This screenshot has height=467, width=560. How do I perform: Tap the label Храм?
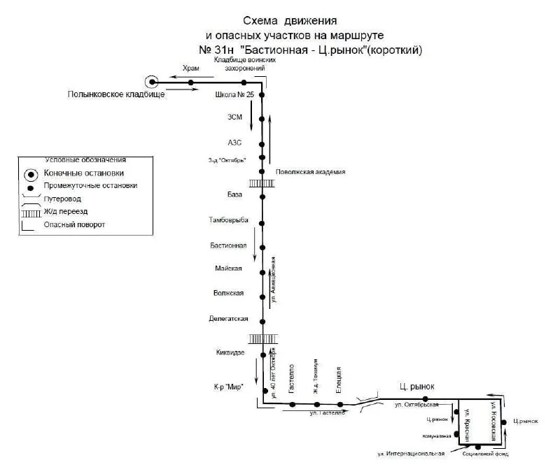pyautogui.click(x=190, y=69)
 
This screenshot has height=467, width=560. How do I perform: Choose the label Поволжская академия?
pyautogui.click(x=310, y=172)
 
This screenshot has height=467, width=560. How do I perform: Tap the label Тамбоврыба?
pyautogui.click(x=228, y=220)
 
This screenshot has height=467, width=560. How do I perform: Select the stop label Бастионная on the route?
pyautogui.click(x=228, y=245)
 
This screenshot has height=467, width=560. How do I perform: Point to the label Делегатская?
pyautogui.click(x=229, y=319)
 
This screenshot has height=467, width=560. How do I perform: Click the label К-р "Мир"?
pyautogui.click(x=227, y=387)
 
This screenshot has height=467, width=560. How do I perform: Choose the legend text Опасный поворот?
pyautogui.click(x=73, y=224)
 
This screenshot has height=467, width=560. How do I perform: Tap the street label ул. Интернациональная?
pyautogui.click(x=412, y=455)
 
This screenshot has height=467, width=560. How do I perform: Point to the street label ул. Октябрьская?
pyautogui.click(x=416, y=404)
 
